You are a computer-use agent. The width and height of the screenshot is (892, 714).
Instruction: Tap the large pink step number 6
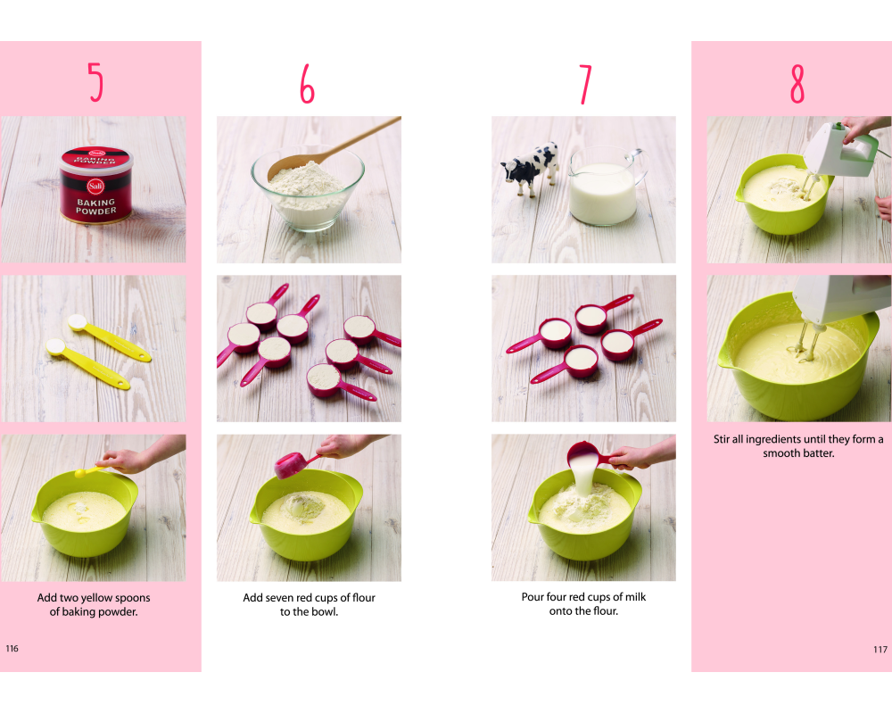click(x=307, y=83)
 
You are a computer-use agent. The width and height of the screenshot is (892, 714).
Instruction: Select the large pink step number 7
click(x=585, y=84)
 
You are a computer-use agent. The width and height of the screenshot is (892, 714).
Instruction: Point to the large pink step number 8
click(x=797, y=83)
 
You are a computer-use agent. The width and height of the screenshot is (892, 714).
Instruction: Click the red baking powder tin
click(x=96, y=185)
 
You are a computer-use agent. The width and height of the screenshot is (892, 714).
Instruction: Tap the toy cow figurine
click(x=530, y=168)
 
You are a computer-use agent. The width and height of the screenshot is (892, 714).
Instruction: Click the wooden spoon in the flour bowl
click(x=334, y=149)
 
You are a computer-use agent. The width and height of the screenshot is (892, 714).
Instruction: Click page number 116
click(x=12, y=649)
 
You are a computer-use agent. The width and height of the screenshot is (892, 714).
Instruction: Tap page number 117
click(x=880, y=649)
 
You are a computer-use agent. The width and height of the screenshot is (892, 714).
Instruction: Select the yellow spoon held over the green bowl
click(x=91, y=471)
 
